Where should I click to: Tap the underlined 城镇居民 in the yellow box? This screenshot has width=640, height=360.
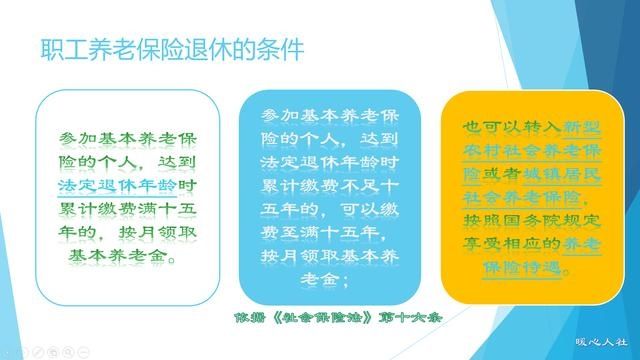[566, 176]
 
